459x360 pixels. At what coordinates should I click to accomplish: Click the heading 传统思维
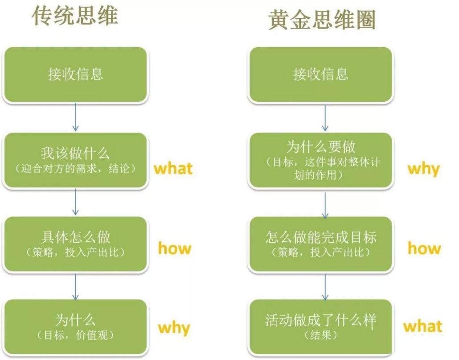[75, 16]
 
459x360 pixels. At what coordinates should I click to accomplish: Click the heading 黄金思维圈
[322, 19]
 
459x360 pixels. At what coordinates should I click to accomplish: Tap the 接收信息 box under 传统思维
[75, 74]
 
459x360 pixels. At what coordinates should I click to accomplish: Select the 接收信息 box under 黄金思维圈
[320, 74]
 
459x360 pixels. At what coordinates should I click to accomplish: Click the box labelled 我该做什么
[75, 160]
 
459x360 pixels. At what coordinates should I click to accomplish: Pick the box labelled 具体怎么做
[75, 244]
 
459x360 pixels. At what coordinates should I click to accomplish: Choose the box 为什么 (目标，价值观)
[75, 327]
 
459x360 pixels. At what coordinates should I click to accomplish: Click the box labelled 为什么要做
[320, 160]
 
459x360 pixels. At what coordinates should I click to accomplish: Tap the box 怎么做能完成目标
[320, 244]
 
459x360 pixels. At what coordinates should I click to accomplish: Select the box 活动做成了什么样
[320, 327]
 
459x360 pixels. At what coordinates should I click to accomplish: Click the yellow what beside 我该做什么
[173, 169]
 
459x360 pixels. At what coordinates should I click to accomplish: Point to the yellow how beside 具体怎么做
[175, 248]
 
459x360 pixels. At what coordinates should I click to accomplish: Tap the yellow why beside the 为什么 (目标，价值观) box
[174, 328]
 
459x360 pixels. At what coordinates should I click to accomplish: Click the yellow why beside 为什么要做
[424, 169]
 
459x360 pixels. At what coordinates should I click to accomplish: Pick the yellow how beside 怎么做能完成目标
[424, 248]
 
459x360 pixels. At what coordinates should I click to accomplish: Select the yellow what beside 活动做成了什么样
[423, 326]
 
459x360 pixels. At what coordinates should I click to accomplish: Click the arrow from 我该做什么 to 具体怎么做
[75, 202]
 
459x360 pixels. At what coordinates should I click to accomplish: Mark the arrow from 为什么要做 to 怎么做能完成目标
[325, 205]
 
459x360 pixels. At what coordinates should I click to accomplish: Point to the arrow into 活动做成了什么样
[325, 287]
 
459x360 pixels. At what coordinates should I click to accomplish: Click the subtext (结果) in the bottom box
[320, 335]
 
